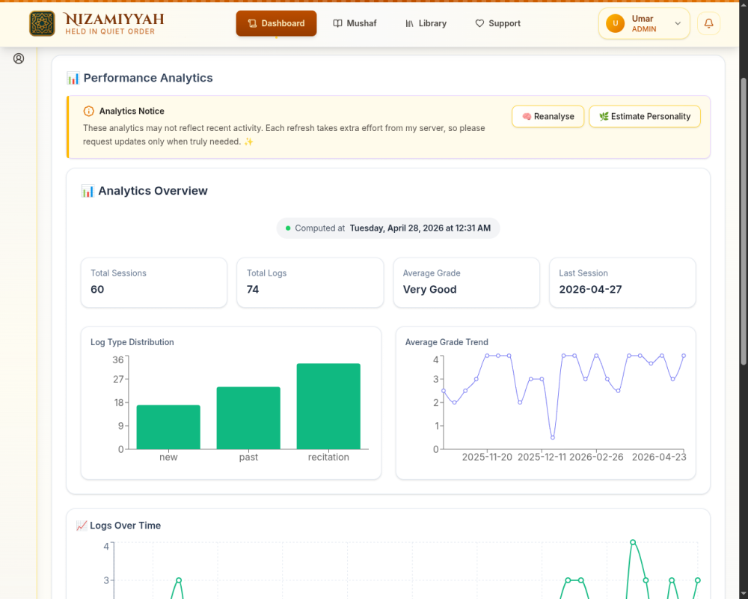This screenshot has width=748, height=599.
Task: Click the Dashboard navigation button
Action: click(276, 23)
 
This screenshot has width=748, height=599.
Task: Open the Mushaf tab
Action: click(355, 23)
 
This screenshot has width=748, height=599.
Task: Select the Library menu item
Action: click(426, 23)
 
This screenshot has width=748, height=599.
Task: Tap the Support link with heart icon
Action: click(497, 23)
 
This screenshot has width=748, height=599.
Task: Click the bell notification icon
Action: click(709, 23)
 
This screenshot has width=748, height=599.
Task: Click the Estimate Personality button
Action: click(645, 117)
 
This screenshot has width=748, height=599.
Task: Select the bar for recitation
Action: click(328, 407)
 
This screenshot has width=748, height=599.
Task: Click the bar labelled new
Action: click(168, 427)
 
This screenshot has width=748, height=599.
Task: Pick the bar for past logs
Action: click(248, 418)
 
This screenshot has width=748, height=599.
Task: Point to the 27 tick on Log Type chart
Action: click(118, 380)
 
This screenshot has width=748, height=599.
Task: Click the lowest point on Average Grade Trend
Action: click(553, 437)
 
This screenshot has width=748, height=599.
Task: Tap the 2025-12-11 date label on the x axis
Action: click(542, 457)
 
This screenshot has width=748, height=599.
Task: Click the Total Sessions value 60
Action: click(97, 290)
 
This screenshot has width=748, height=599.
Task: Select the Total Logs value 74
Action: click(253, 290)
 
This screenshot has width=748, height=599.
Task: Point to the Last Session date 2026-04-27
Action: click(590, 290)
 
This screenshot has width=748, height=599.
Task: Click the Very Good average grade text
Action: click(429, 290)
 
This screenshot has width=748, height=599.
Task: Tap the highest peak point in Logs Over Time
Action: click(633, 542)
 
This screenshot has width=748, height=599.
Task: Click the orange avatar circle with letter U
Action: click(615, 23)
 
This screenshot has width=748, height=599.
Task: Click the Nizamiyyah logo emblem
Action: click(42, 23)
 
